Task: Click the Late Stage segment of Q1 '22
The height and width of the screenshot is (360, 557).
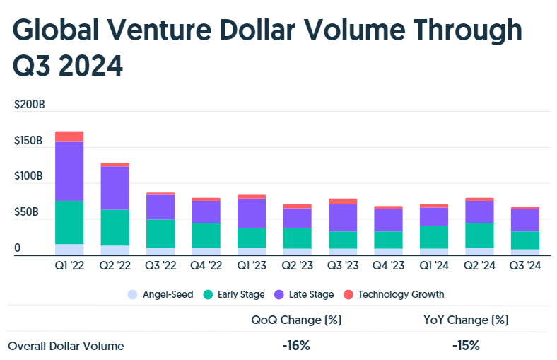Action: (69, 171)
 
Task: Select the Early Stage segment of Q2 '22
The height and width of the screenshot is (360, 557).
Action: (115, 227)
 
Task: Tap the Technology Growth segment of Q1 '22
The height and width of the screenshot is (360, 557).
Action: (69, 137)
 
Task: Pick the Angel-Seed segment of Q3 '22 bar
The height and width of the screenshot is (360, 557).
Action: (160, 251)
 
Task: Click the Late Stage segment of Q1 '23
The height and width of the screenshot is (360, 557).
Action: (251, 213)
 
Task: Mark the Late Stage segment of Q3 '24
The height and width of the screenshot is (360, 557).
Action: (524, 220)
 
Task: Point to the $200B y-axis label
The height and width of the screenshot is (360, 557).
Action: (30, 105)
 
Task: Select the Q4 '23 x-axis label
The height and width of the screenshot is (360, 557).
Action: (388, 267)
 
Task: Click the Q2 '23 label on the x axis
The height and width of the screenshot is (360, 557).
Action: (297, 267)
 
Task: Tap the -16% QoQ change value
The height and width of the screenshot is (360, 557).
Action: (296, 346)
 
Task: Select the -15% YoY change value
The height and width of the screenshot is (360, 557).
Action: (466, 346)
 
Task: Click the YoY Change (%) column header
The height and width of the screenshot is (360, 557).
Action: (466, 320)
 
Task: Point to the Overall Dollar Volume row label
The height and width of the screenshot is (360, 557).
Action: (66, 346)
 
